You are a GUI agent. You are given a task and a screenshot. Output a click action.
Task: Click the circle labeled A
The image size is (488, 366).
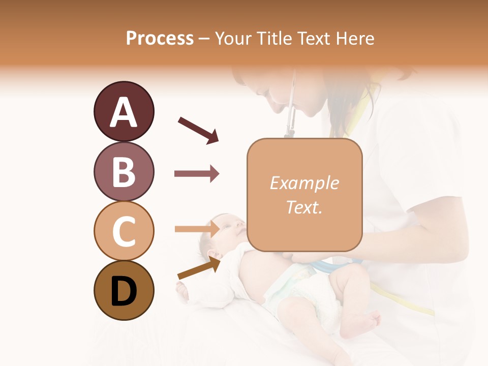tap(124, 111)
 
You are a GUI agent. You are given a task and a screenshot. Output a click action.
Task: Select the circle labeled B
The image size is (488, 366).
tap(124, 171)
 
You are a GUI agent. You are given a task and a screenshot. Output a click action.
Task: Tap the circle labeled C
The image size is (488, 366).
tap(124, 231)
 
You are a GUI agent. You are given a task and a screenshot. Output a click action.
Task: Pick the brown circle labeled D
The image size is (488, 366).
tap(124, 291)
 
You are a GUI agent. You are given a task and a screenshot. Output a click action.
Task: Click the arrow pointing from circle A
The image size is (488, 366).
tap(198, 130)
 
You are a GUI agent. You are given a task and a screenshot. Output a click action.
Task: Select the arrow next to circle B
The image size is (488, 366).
tap(197, 174)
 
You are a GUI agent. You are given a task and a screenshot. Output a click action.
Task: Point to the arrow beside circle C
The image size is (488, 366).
tap(197, 229)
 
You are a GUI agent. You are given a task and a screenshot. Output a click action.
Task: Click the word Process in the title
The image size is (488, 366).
tap(160, 38)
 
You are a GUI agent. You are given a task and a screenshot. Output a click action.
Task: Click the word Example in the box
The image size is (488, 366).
tap(304, 183)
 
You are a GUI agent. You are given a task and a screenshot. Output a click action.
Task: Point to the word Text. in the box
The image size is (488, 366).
tap(304, 207)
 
